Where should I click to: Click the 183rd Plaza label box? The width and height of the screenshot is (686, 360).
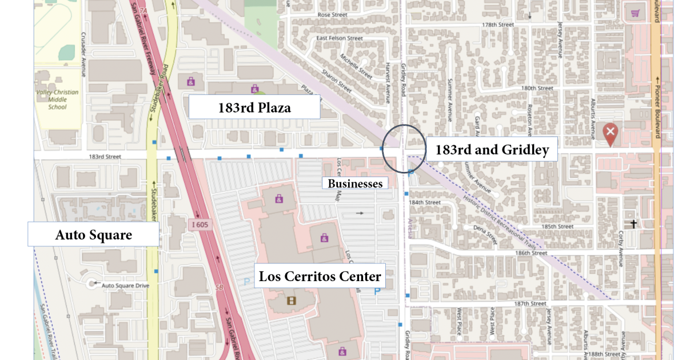pyautogui.click(x=254, y=107)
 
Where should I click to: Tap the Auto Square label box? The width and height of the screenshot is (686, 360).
pyautogui.click(x=93, y=235)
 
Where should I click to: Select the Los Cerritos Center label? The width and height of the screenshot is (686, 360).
pyautogui.click(x=320, y=277)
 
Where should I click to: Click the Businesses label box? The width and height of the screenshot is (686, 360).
pyautogui.click(x=355, y=183)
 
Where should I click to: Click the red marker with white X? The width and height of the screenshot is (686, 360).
pyautogui.click(x=610, y=134)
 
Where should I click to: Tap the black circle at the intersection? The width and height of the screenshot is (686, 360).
pyautogui.click(x=404, y=149)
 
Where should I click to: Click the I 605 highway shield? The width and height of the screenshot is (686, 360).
pyautogui.click(x=200, y=225)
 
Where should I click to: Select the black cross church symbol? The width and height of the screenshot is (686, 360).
pyautogui.click(x=633, y=225)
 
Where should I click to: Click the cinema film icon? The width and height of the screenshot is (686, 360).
pyautogui.click(x=292, y=300)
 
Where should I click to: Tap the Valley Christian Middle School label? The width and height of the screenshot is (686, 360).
pyautogui.click(x=57, y=99)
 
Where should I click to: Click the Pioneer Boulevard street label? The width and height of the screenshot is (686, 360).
pyautogui.click(x=657, y=109)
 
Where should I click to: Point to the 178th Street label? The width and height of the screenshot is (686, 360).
pyautogui.click(x=498, y=25)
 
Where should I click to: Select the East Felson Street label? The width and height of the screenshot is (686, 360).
pyautogui.click(x=340, y=38)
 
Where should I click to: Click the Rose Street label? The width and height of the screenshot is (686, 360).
pyautogui.click(x=333, y=15)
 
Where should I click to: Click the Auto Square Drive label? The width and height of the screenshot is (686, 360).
pyautogui.click(x=125, y=285)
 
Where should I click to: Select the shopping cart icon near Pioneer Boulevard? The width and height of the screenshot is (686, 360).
pyautogui.click(x=635, y=13)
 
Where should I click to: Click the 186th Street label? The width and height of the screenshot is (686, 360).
pyautogui.click(x=531, y=253)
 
